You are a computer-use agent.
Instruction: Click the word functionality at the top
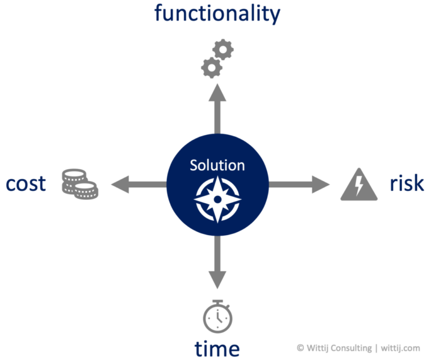(217, 14)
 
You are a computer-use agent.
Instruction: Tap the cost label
(26, 183)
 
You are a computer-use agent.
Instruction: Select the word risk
(406, 183)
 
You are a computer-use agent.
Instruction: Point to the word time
(217, 348)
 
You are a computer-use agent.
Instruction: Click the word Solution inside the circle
(217, 165)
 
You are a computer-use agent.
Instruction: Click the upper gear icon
(223, 49)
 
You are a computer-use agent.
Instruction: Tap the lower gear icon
(211, 68)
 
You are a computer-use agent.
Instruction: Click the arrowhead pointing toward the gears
(217, 93)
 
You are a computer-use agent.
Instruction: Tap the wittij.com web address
(404, 348)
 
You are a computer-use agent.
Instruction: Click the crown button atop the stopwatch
(217, 301)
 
